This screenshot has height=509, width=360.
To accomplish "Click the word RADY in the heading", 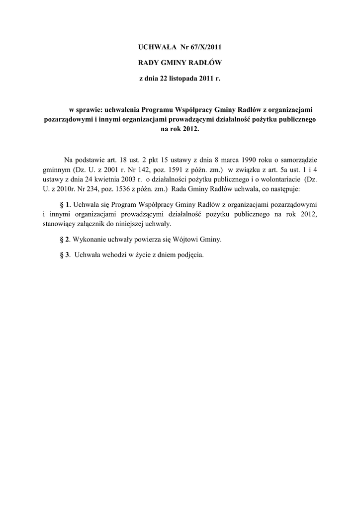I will [148, 63].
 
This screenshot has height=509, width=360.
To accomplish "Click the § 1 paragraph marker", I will [65, 205].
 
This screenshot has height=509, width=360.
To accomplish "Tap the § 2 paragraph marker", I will [64, 240].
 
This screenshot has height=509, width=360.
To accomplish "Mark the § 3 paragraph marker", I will [64, 255].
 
